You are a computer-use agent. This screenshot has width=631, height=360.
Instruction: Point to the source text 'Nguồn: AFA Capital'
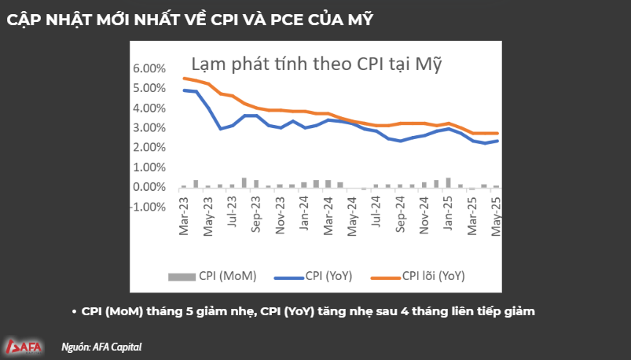click(101, 346)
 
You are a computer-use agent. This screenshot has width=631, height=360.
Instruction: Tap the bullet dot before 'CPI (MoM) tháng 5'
click(72, 311)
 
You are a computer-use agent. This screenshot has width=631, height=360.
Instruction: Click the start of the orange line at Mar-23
click(184, 78)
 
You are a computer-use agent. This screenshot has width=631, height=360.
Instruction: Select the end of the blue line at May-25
click(497, 141)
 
